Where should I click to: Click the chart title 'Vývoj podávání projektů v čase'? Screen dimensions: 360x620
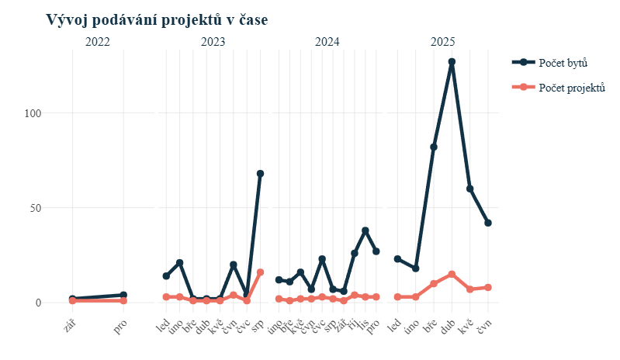pos(157,20)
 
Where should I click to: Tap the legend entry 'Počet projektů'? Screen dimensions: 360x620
pos(572,87)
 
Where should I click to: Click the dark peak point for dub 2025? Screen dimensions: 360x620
pos(452,61)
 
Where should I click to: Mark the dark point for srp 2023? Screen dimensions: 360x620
pos(260,174)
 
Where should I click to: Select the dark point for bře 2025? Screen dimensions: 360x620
pos(434,147)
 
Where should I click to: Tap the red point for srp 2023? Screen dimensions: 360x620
pos(260,272)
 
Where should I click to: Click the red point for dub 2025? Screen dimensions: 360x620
pos(452,274)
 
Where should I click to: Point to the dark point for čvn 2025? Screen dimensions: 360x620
pos(488,223)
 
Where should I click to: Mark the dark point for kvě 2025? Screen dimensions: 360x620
pos(470,189)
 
